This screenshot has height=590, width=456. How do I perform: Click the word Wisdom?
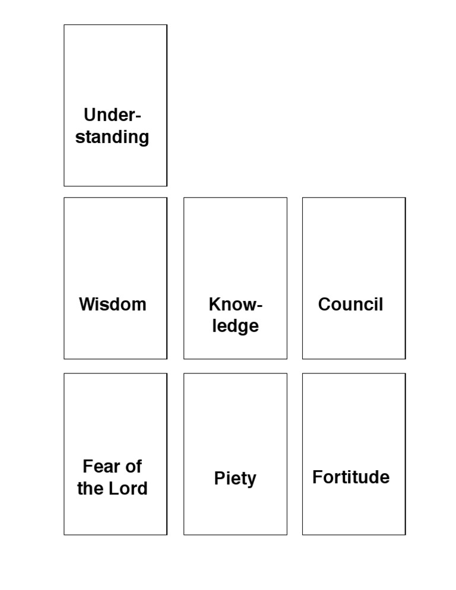coord(112,304)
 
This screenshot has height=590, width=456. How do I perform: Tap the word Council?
coord(350,304)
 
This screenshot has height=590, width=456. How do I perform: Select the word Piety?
coord(235,478)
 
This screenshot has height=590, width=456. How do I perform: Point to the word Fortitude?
coord(351,477)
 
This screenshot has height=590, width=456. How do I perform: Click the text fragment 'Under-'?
coord(112,115)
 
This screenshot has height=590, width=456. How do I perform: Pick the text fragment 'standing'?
coord(112,137)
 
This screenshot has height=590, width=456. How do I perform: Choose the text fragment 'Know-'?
coord(235,304)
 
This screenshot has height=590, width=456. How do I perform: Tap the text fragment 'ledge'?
coord(235,326)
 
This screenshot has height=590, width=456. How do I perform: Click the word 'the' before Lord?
coord(90,489)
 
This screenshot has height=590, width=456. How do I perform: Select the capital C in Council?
coord(325,304)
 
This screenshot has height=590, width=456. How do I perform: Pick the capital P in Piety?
coord(219,478)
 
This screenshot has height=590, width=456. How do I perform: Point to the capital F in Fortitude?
coord(317,477)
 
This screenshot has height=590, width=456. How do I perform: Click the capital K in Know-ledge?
coord(214,304)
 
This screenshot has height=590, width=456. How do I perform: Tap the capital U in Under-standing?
coord(90,115)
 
